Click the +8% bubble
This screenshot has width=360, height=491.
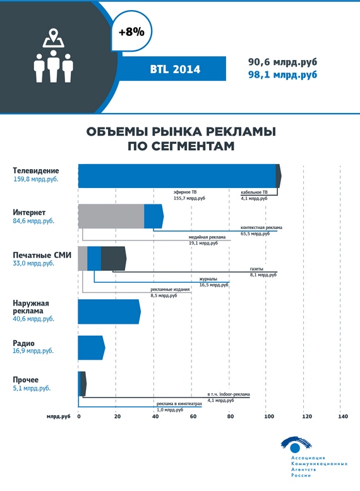pyautogui.click(x=131, y=32)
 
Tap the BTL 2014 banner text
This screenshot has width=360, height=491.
pyautogui.click(x=175, y=69)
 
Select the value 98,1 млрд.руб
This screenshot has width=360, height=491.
pyautogui.click(x=282, y=75)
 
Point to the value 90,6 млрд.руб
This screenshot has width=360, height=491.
pyautogui.click(x=282, y=62)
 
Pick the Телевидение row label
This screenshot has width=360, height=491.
pyautogui.click(x=36, y=170)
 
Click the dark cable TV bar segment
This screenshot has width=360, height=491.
pyautogui.click(x=279, y=176)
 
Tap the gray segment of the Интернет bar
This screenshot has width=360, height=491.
pyautogui.click(x=111, y=216)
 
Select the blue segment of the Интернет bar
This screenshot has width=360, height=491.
pyautogui.click(x=153, y=216)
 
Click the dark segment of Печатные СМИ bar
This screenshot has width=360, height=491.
pyautogui.click(x=114, y=259)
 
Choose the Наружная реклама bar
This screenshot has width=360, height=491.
pyautogui.click(x=109, y=312)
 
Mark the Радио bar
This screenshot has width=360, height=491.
pyautogui.click(x=91, y=348)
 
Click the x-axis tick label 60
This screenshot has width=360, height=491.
pyautogui.click(x=193, y=417)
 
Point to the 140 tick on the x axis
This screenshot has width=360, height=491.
pyautogui.click(x=343, y=417)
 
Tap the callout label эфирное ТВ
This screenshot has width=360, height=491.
pyautogui.click(x=185, y=192)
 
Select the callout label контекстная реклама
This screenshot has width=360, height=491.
pyautogui.click(x=261, y=227)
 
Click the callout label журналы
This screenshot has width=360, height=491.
pyautogui.click(x=208, y=279)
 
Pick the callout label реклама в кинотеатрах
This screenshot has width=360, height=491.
pyautogui.click(x=179, y=404)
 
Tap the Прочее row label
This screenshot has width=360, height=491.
pyautogui.click(x=26, y=380)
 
